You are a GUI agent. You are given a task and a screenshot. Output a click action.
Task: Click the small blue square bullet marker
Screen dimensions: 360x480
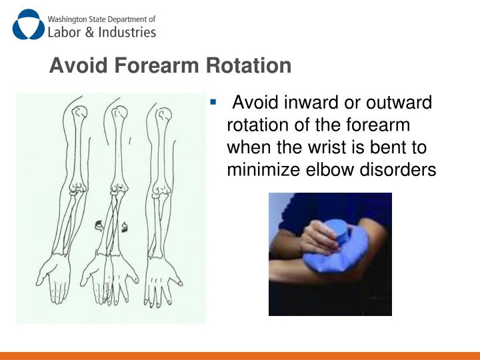coord(213,103)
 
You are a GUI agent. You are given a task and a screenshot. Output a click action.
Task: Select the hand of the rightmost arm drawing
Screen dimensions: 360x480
coord(160,277)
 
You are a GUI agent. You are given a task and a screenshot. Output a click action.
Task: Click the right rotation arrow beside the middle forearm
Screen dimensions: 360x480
coord(124,228)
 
